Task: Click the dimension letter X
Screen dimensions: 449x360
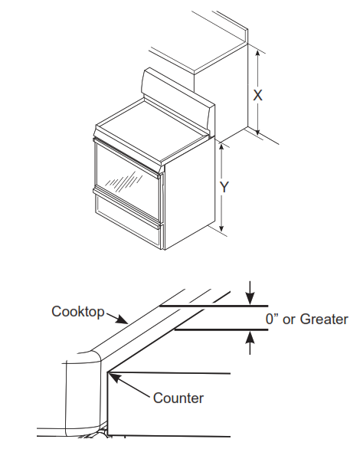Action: point(258,94)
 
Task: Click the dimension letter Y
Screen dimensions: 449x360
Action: point(224,188)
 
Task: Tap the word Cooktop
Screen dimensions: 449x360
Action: point(77,311)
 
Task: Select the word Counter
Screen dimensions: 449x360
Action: point(178,398)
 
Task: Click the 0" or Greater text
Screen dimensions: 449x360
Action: point(306,319)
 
